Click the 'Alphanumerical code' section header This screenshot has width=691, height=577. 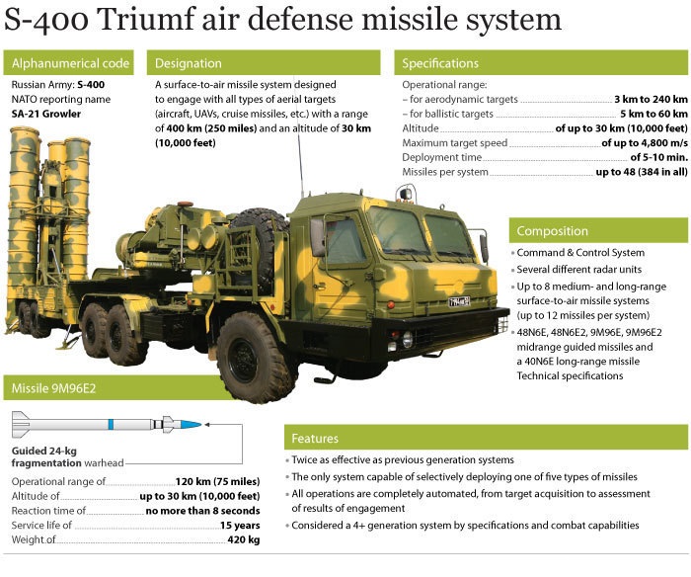68,63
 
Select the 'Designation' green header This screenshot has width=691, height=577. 264,63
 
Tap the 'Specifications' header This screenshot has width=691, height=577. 541,63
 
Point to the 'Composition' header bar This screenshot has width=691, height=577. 598,231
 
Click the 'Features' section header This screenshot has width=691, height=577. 486,438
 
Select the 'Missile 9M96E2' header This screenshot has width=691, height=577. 115,388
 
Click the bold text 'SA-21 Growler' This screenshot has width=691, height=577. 46,114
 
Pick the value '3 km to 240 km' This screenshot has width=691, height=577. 651,99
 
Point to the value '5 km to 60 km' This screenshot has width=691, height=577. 653,114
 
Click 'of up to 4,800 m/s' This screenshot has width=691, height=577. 645,143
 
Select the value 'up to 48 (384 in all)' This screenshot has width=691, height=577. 642,172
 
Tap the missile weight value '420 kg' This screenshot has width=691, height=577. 244,539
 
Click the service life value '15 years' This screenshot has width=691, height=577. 240,526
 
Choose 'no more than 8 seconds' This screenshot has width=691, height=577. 202,511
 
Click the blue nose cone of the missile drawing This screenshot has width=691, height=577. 191,425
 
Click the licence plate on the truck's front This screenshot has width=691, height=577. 459,301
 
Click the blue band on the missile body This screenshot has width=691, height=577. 111,425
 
